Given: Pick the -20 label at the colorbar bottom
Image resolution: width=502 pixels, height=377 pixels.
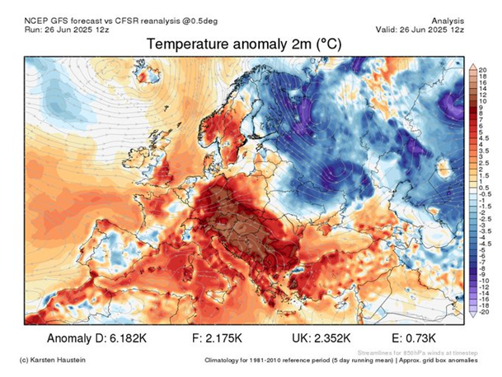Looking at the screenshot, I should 483,313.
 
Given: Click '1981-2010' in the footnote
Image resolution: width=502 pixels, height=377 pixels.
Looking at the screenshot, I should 275,361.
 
